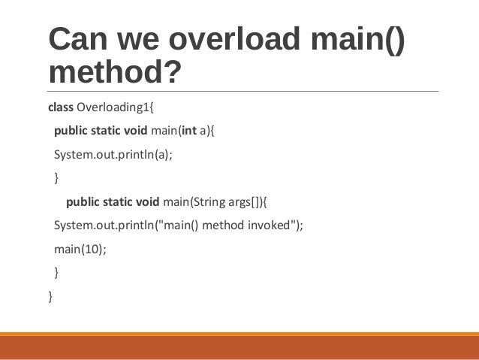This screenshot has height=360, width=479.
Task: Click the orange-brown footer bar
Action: click(x=239, y=346)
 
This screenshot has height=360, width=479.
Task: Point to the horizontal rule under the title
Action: click(x=239, y=92)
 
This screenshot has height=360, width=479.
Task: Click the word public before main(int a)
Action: click(x=71, y=136)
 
